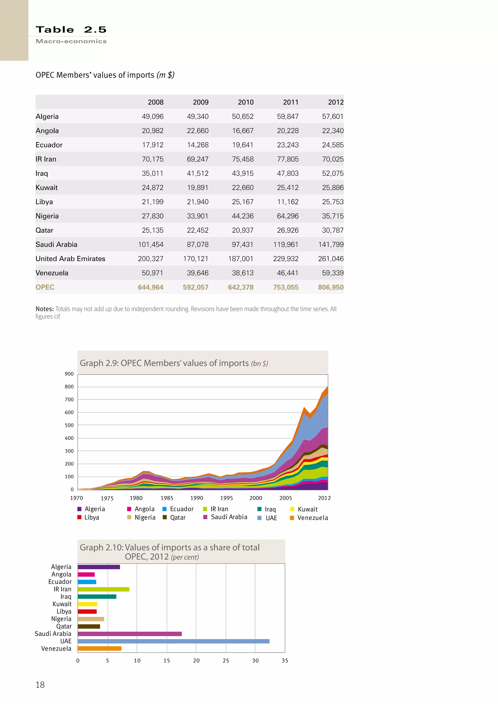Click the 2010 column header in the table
[246, 102]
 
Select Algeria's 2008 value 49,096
[152, 116]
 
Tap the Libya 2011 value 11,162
[288, 202]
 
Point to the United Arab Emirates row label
[70, 259]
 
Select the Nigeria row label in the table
[47, 216]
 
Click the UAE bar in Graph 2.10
[174, 641]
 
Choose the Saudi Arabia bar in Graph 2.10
[130, 634]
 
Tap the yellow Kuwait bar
[87, 604]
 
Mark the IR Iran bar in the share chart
[103, 589]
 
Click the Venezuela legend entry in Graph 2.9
[312, 518]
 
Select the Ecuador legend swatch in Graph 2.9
[164, 509]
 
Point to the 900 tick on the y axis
[69, 374]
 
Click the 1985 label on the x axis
[167, 498]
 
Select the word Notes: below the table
[44, 309]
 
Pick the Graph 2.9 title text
[174, 363]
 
